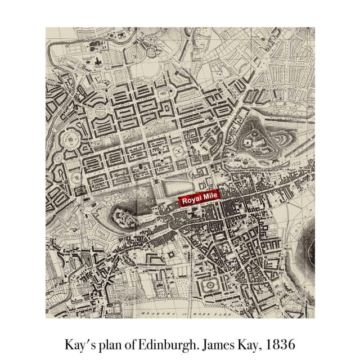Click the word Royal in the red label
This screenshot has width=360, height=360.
190,200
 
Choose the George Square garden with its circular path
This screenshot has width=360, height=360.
209,285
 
